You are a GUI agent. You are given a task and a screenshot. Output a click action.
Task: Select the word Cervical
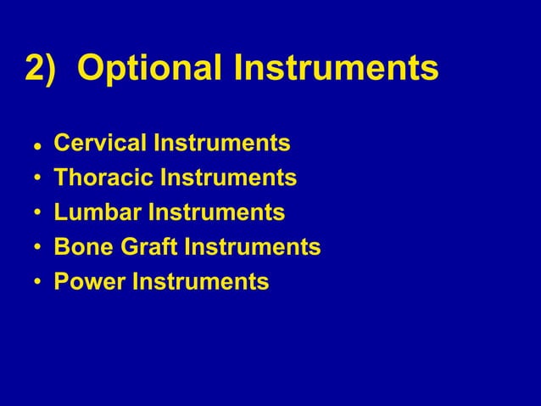99,144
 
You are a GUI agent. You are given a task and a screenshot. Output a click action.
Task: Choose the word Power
89,281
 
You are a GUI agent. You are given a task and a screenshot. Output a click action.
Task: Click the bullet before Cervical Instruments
36,146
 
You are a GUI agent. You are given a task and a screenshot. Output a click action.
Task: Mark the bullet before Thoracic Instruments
36,179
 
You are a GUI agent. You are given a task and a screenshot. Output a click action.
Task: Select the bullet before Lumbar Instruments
36,213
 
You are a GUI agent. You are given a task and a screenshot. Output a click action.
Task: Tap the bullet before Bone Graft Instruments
36,248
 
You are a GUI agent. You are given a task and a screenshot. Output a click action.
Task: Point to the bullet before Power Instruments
36,282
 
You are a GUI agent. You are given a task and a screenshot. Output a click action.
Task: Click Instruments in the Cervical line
221,144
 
